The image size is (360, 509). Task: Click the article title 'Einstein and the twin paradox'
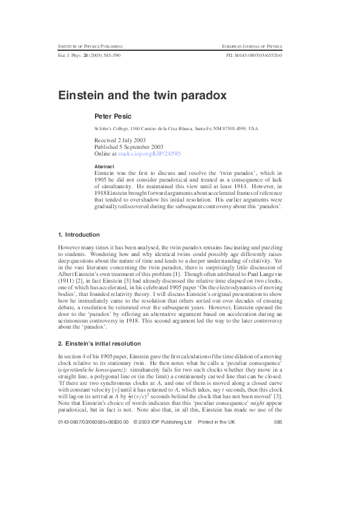point(142,95)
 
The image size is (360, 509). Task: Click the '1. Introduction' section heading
point(79,234)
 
